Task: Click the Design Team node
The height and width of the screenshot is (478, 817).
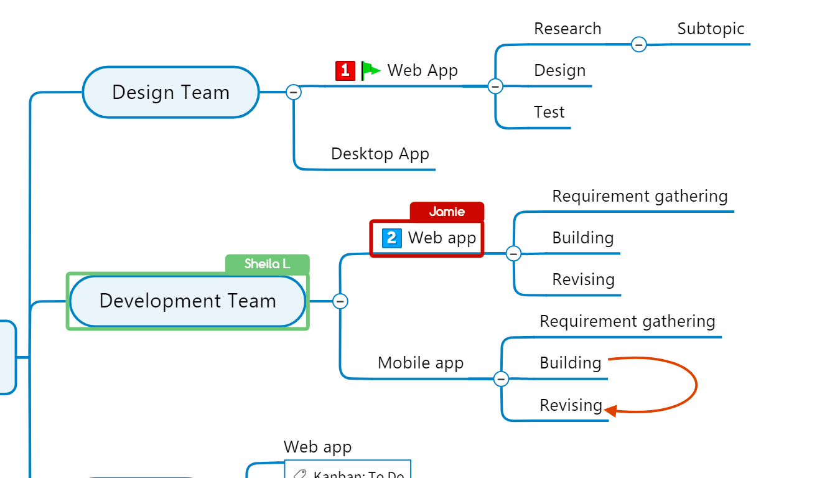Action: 170,92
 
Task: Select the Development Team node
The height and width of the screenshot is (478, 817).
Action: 187,301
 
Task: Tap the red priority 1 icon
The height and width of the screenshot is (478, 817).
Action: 345,70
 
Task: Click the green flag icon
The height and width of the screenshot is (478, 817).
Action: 371,70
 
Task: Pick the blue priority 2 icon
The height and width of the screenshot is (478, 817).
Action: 391,238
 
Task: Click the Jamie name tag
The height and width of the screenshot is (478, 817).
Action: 447,212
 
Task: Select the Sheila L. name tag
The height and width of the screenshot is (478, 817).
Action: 267,264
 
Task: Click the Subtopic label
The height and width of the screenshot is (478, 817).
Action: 711,29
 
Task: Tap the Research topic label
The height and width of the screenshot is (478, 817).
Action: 567,29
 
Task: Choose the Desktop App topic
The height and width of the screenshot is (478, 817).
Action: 380,154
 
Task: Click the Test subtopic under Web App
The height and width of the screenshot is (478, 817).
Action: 549,112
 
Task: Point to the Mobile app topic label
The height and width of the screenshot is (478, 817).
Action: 421,363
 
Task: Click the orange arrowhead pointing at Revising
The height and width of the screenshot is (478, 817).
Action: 610,411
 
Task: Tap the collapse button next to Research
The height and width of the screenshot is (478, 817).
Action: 638,45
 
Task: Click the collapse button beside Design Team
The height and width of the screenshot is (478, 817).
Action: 294,92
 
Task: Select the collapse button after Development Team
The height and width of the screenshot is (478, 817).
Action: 340,301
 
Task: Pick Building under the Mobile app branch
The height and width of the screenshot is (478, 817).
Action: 570,363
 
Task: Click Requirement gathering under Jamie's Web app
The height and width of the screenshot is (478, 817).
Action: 640,196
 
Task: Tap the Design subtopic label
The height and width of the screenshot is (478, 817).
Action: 559,70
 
